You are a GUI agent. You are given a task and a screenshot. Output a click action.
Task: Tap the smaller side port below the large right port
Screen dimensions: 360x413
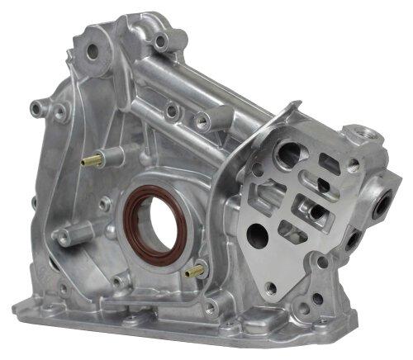click(354, 241)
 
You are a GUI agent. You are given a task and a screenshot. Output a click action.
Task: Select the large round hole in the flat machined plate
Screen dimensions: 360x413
click(257, 237)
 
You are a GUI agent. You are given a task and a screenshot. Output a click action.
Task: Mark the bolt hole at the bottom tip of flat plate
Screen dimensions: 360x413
click(271, 287)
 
